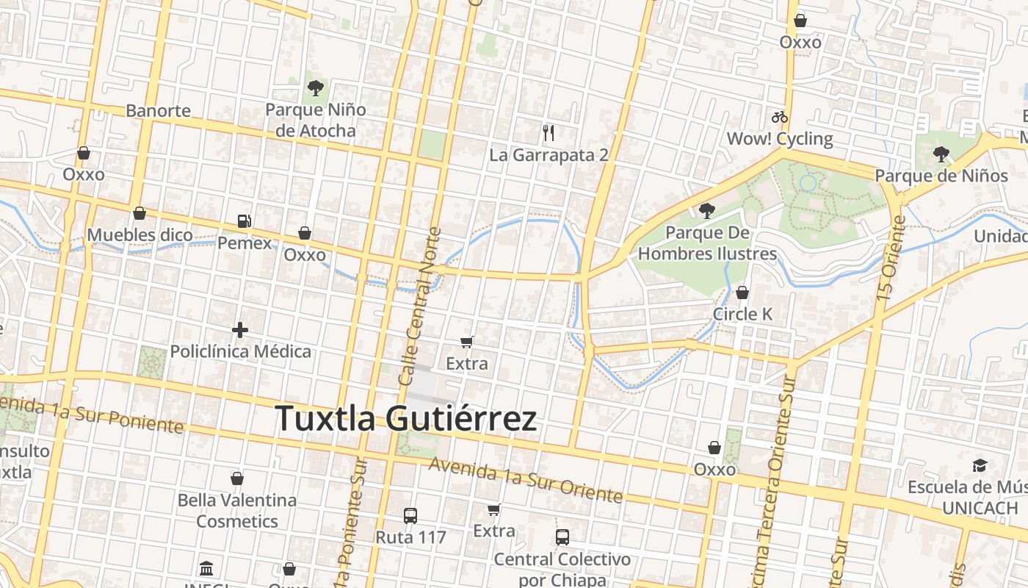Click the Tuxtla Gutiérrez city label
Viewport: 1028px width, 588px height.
pos(406,419)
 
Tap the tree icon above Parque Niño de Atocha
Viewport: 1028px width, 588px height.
pos(316,89)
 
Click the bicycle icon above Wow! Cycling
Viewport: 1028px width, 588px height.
pos(780,117)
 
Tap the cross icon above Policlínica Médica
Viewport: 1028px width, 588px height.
pos(240,331)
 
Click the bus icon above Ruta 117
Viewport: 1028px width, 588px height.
pos(410,516)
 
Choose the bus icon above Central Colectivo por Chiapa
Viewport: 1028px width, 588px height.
pos(562,537)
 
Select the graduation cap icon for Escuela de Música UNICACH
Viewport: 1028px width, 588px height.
pos(980,466)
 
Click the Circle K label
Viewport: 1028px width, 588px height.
pos(743,314)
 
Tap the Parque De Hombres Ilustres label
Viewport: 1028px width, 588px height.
pos(707,243)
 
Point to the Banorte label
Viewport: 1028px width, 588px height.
pos(159,111)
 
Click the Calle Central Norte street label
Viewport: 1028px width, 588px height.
pos(421,306)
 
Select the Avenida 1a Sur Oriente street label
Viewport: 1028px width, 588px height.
pos(526,480)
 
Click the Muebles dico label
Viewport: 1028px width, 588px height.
pos(140,235)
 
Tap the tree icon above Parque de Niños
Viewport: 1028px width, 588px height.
pos(941,154)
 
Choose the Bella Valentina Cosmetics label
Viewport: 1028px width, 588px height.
pos(237,510)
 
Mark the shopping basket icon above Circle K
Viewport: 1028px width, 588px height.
pos(742,293)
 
